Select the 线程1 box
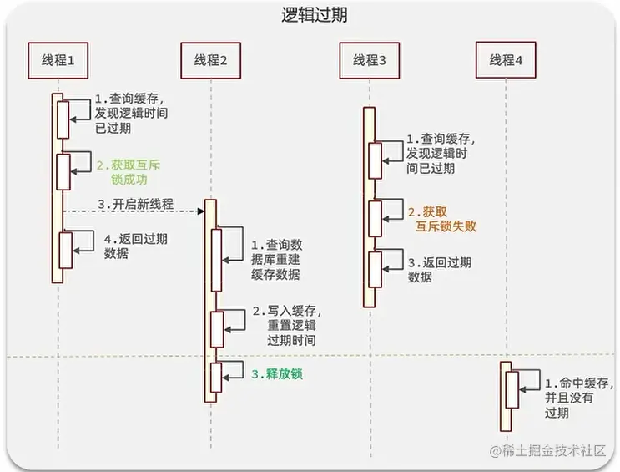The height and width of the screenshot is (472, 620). [58, 60]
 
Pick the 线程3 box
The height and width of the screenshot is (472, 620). [370, 60]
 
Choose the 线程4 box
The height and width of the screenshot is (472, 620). [507, 60]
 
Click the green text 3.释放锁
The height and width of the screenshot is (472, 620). [277, 373]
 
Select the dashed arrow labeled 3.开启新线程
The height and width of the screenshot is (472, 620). [134, 211]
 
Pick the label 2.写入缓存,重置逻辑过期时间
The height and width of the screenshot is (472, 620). [285, 326]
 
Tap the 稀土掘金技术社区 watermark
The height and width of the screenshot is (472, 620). [546, 451]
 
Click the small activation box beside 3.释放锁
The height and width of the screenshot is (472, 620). [217, 377]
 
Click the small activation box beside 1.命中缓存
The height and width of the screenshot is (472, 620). [512, 391]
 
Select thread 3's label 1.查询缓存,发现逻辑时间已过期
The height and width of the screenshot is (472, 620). [438, 153]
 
